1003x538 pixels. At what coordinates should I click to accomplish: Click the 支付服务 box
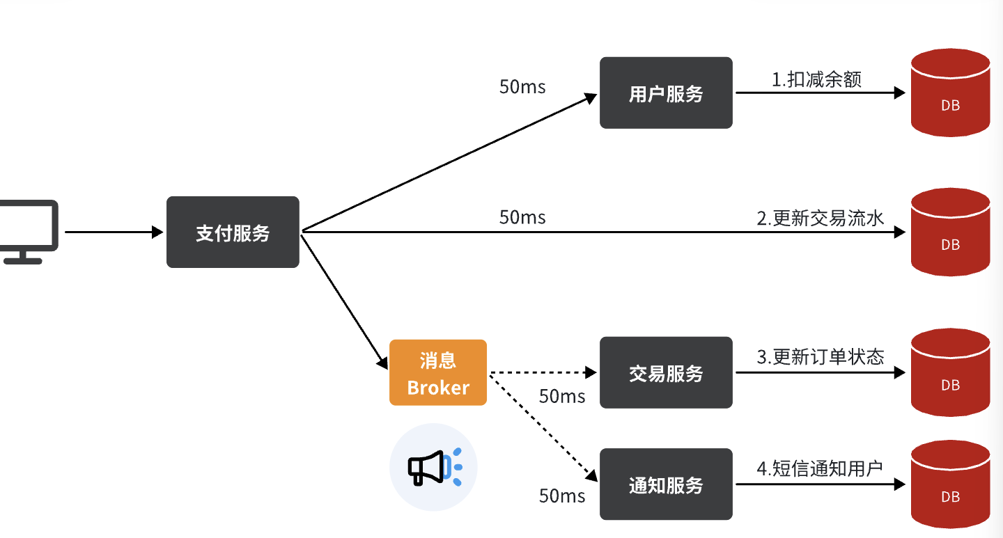[233, 232]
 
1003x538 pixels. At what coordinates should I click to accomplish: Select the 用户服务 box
[666, 93]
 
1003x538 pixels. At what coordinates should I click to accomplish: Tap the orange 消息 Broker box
[438, 373]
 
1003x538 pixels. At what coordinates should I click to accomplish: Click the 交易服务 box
[666, 373]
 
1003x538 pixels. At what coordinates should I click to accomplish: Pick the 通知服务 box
[666, 484]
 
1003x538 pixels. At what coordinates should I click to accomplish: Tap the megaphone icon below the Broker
[433, 467]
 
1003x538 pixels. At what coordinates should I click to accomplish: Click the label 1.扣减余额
[816, 79]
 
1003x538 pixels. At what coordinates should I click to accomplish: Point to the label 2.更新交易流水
[820, 219]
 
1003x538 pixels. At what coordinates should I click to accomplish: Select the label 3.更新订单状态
[820, 357]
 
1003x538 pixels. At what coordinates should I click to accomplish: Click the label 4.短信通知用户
[819, 468]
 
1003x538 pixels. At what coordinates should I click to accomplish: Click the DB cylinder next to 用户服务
[950, 93]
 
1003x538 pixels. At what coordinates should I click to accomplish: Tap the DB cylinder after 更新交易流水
[950, 232]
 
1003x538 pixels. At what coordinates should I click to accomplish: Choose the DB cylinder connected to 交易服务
[950, 373]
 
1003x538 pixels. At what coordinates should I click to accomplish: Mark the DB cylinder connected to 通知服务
[950, 484]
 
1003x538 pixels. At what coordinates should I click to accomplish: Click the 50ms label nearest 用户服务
[522, 87]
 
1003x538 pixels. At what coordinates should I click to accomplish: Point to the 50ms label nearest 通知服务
[561, 496]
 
